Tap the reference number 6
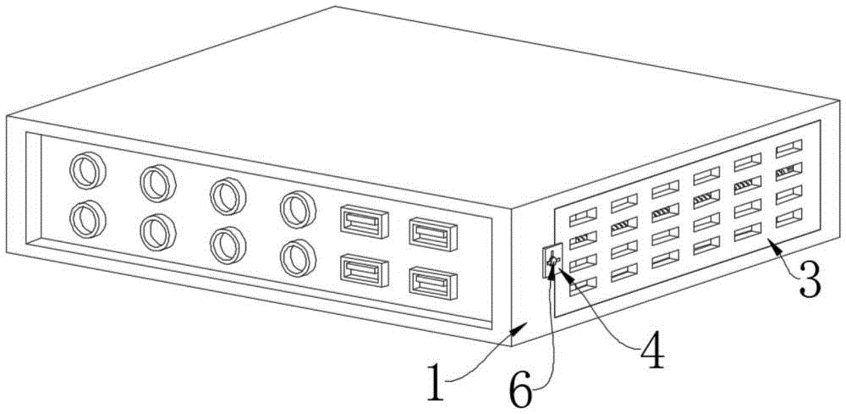pyautogui.click(x=520, y=387)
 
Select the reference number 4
pyautogui.click(x=652, y=350)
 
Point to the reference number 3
pyautogui.click(x=810, y=278)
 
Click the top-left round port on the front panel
pyautogui.click(x=87, y=170)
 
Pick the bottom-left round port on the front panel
pyautogui.click(x=87, y=218)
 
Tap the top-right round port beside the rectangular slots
pyautogui.click(x=298, y=209)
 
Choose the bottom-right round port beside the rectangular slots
pyautogui.click(x=298, y=258)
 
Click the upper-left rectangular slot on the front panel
pyautogui.click(x=365, y=221)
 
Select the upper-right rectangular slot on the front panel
pyautogui.click(x=433, y=233)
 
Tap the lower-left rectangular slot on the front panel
pyautogui.click(x=365, y=270)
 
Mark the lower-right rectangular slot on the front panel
pyautogui.click(x=433, y=282)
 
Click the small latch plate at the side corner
pyautogui.click(x=552, y=260)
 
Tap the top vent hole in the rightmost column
pyautogui.click(x=788, y=148)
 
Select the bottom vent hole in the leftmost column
pyautogui.click(x=583, y=285)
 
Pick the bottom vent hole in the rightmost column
pyautogui.click(x=788, y=218)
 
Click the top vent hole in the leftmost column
pyautogui.click(x=583, y=217)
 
